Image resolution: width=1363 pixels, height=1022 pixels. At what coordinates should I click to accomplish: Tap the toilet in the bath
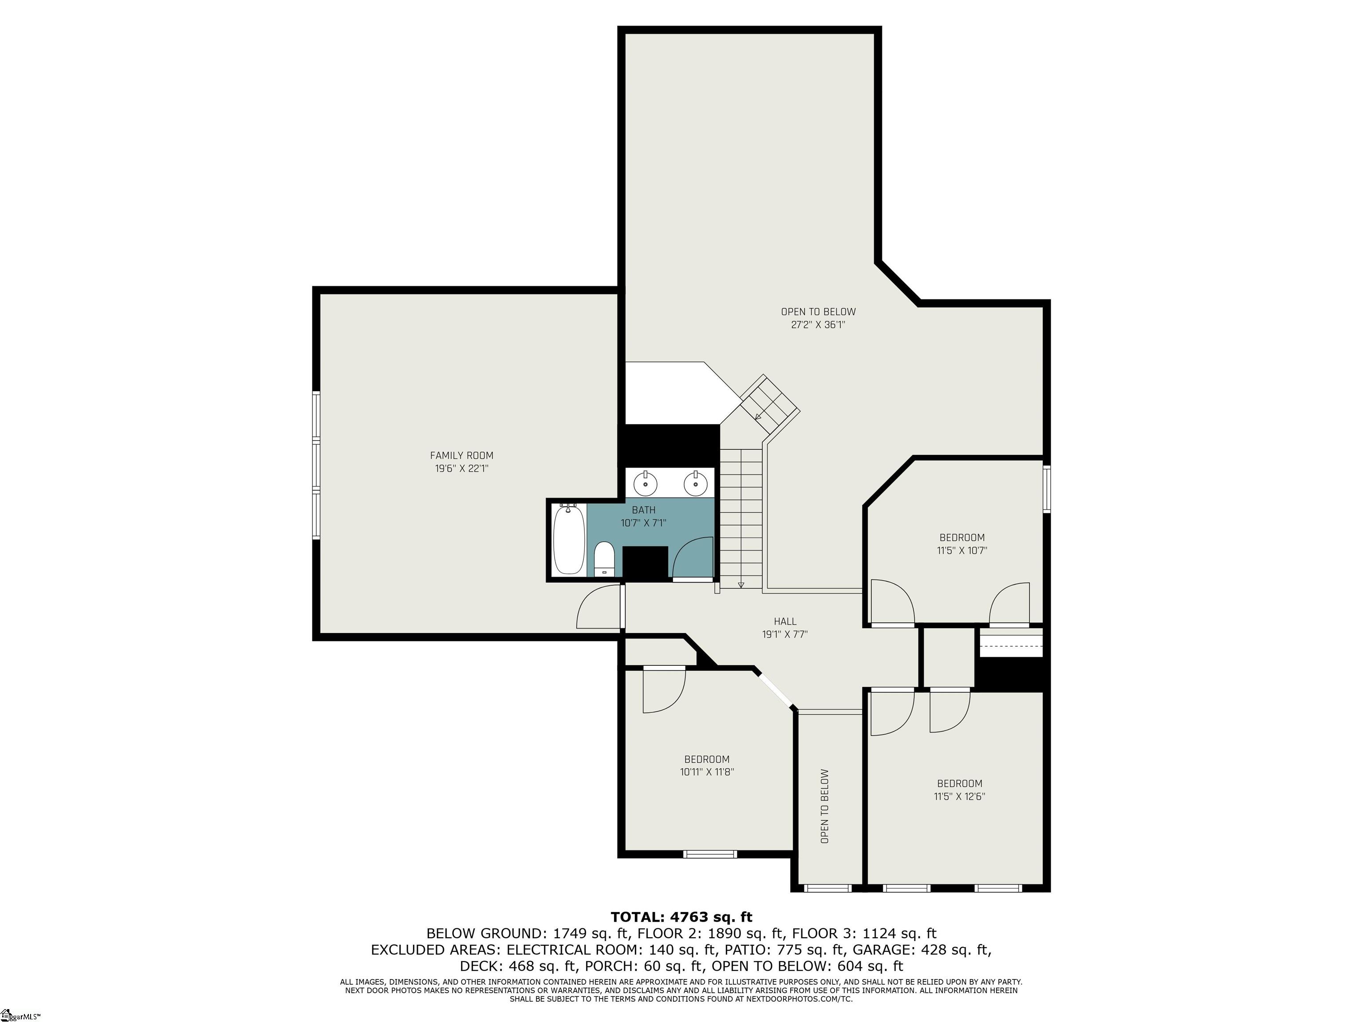(604, 558)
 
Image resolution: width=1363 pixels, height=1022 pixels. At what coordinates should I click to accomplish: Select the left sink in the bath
(645, 483)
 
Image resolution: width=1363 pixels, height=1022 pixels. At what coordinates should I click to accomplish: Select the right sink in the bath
(694, 483)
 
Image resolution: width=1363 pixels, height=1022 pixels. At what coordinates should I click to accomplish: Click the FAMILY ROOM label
(461, 455)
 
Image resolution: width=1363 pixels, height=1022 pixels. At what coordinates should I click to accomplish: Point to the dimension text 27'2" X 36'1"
(818, 325)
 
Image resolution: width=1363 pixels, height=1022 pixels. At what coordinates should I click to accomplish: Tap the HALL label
(785, 621)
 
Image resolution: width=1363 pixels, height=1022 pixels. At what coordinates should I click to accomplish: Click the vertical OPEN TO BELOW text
(824, 806)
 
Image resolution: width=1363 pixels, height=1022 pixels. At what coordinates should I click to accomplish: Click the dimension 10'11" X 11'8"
(707, 772)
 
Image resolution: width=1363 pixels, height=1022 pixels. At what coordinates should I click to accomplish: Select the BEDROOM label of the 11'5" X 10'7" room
(961, 537)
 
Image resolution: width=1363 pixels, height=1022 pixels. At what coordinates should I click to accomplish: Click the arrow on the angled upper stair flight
(759, 416)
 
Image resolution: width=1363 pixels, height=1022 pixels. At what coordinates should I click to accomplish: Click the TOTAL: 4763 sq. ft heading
(681, 917)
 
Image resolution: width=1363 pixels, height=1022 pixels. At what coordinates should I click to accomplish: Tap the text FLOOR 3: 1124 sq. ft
(864, 933)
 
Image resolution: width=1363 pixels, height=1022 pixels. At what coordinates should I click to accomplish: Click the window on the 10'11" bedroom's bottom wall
(710, 854)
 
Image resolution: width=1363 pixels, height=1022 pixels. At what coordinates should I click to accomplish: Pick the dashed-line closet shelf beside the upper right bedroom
(1011, 646)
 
